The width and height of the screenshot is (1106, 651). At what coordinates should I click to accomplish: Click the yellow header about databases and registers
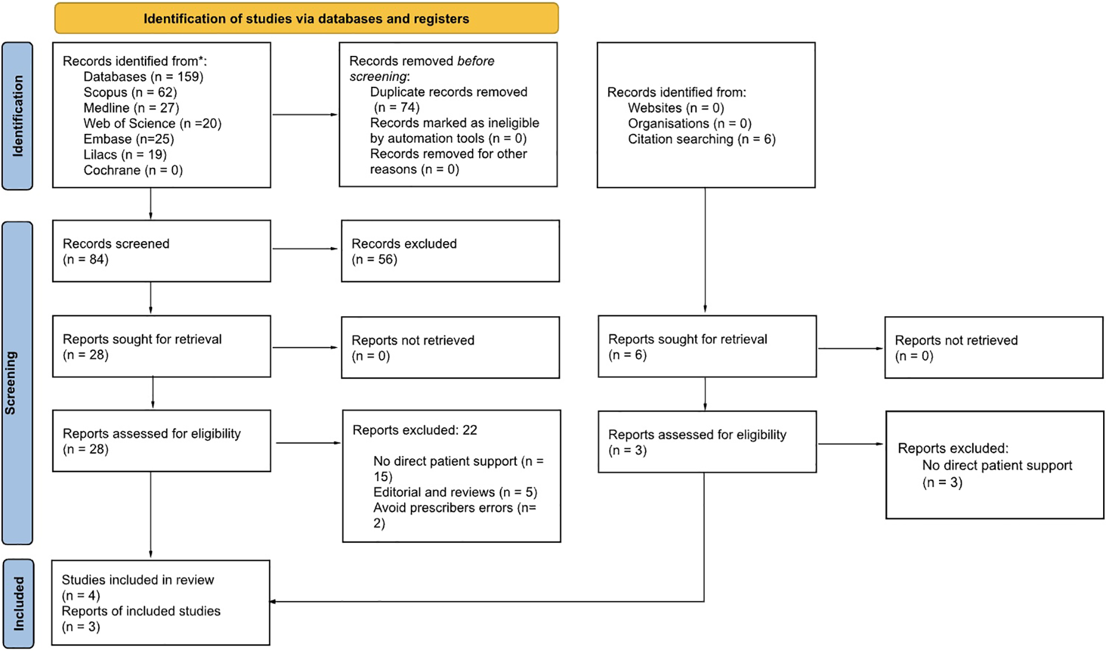coord(306,19)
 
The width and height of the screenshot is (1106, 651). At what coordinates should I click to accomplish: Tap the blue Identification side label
coord(17,116)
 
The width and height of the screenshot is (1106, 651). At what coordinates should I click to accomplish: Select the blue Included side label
coord(18,604)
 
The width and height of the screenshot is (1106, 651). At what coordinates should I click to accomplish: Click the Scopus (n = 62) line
coord(130,92)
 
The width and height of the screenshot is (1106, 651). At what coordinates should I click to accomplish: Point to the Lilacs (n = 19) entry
coord(125,154)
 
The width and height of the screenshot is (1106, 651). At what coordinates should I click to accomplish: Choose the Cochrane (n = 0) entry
coord(133,170)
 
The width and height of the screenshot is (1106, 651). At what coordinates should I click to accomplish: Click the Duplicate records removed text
coord(448,92)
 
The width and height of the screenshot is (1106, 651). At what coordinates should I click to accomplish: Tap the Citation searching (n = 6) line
coord(701,139)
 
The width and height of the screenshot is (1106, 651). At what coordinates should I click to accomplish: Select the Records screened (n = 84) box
coord(161,251)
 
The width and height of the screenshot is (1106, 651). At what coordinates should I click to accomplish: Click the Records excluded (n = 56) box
coord(450,251)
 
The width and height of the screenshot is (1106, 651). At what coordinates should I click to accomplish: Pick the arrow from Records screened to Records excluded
coord(305,249)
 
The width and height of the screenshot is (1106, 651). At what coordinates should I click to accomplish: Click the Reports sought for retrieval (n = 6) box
coord(707,346)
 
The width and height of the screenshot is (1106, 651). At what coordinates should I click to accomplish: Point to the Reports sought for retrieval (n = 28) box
coord(161,346)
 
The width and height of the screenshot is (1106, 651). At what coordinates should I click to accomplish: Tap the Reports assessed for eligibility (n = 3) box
coord(707,441)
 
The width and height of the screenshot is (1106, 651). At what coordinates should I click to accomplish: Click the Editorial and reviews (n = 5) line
coord(455,492)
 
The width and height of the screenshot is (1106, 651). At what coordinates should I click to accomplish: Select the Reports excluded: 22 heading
coord(414,430)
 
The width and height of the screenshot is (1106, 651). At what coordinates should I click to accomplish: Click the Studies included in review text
coord(138,580)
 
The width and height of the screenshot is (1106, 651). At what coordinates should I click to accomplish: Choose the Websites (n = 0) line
coord(675,108)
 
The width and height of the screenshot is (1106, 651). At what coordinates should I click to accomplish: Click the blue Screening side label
coord(17,383)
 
